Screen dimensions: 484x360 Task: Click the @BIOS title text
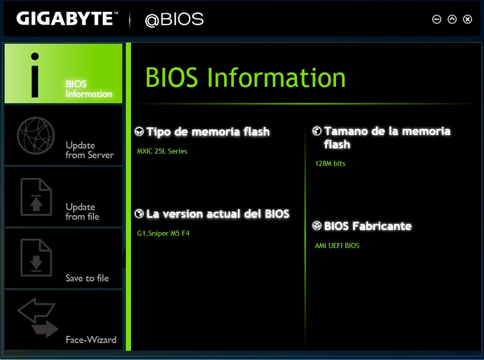click(174, 19)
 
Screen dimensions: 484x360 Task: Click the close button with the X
click(468, 20)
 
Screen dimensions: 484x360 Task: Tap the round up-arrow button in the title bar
click(452, 20)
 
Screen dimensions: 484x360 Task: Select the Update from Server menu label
click(89, 150)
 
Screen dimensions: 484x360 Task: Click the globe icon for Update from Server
click(36, 136)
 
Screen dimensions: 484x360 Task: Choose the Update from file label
click(82, 212)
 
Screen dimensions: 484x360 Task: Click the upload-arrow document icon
click(36, 197)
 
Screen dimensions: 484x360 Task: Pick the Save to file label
click(87, 278)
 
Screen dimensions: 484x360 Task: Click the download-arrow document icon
click(36, 258)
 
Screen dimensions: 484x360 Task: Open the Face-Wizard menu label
click(91, 339)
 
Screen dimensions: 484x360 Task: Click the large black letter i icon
click(35, 75)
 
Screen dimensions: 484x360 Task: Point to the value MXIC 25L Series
click(162, 151)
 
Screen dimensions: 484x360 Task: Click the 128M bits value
click(330, 163)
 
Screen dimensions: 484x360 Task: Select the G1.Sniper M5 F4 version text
click(163, 234)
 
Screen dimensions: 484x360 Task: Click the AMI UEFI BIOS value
click(337, 245)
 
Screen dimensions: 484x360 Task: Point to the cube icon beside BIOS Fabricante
click(317, 226)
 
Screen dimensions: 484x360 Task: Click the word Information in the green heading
click(276, 78)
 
